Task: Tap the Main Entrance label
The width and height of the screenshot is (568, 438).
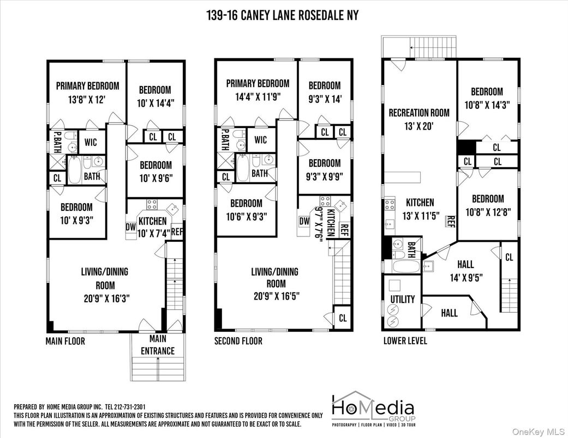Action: (158, 345)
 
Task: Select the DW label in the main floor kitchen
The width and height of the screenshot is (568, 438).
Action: (131, 227)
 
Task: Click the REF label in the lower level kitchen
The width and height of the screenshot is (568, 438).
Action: (451, 221)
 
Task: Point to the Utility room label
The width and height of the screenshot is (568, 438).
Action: (402, 299)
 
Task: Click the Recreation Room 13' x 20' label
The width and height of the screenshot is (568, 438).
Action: (419, 119)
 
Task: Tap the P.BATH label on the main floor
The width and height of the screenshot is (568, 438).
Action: (57, 141)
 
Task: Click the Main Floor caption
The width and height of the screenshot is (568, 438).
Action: (65, 342)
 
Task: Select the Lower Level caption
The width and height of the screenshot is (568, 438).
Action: (405, 341)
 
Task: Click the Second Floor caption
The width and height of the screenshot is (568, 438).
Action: (238, 341)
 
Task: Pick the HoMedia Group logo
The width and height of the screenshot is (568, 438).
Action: (373, 409)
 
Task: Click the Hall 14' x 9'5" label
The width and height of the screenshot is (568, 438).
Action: (465, 270)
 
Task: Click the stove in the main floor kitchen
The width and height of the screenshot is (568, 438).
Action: (152, 205)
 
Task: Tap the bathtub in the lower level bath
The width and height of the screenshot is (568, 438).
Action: (403, 267)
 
